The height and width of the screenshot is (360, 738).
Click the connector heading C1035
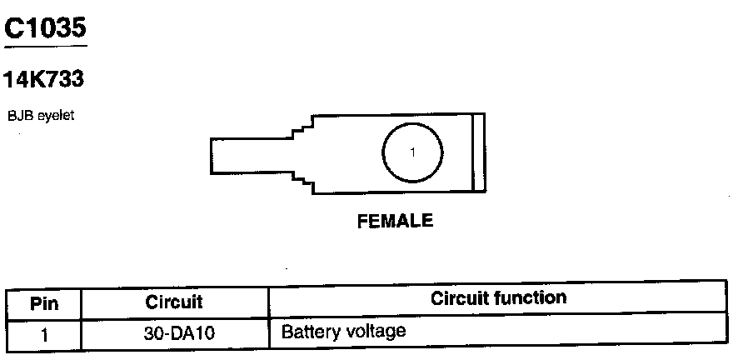(x=45, y=28)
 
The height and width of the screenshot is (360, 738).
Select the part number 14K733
(x=45, y=81)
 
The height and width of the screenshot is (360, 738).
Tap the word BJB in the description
(x=16, y=116)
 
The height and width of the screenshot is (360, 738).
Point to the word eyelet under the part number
(x=52, y=117)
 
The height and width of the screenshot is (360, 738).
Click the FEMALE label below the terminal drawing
(x=395, y=222)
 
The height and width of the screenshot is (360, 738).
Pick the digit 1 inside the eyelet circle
(x=412, y=152)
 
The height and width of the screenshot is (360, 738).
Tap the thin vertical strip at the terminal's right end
(x=478, y=154)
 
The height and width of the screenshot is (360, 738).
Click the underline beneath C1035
(x=45, y=45)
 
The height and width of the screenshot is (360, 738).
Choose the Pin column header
(x=43, y=302)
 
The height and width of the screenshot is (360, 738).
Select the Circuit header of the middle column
(x=174, y=302)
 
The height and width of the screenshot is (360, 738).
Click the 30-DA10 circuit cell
(x=174, y=332)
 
